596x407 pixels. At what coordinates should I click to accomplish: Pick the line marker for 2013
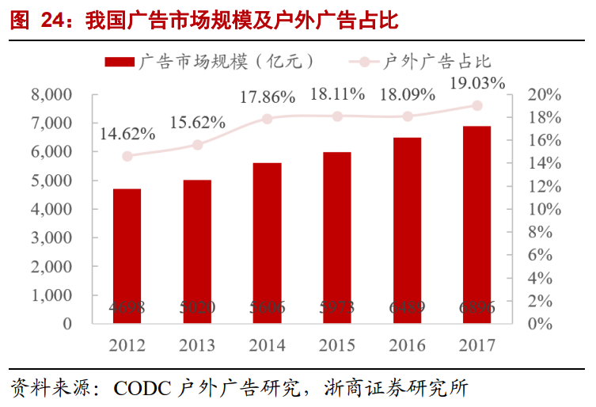[197, 145]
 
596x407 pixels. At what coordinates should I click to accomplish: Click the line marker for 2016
[407, 116]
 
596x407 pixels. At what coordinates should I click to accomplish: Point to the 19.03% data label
[476, 83]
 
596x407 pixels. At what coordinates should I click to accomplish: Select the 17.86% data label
[267, 97]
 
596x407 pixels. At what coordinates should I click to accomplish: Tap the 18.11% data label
[337, 94]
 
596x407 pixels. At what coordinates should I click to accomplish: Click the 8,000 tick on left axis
[51, 95]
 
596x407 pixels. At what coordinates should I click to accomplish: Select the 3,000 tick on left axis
[51, 238]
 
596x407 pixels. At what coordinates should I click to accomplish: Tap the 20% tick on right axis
[544, 95]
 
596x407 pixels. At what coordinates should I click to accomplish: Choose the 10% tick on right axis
[544, 209]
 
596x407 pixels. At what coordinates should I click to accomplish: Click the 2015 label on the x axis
[337, 345]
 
